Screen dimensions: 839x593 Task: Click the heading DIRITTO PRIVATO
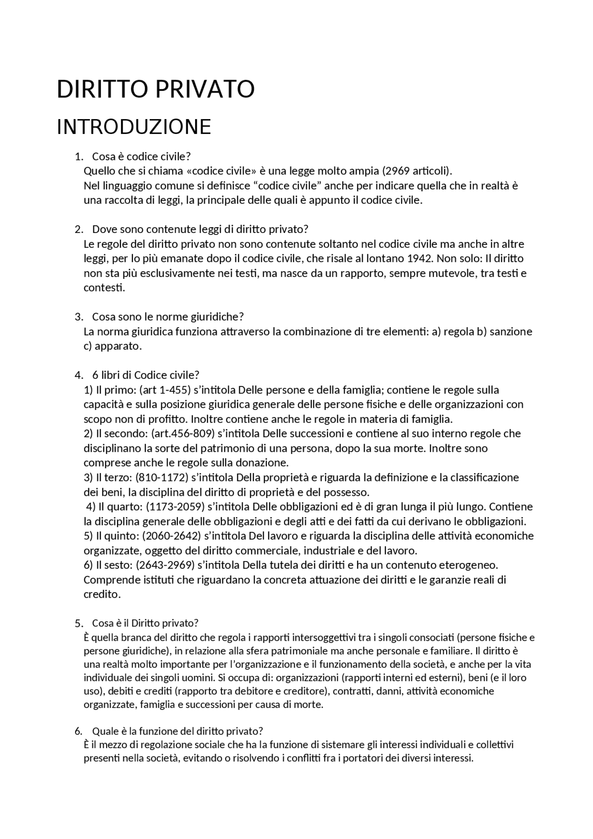click(x=155, y=89)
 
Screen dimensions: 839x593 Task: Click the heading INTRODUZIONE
click(x=133, y=127)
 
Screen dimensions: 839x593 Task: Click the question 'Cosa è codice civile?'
click(x=141, y=156)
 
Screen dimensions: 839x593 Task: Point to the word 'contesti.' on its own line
click(x=104, y=288)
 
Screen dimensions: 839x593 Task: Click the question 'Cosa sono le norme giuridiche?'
click(x=168, y=317)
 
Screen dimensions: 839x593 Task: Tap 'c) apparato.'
click(x=113, y=346)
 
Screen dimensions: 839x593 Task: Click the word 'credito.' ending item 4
click(x=102, y=594)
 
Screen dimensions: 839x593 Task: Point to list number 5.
click(x=78, y=624)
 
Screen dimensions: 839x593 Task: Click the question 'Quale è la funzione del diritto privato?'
click(x=177, y=732)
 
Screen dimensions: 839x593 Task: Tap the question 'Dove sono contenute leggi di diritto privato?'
click(x=200, y=229)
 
